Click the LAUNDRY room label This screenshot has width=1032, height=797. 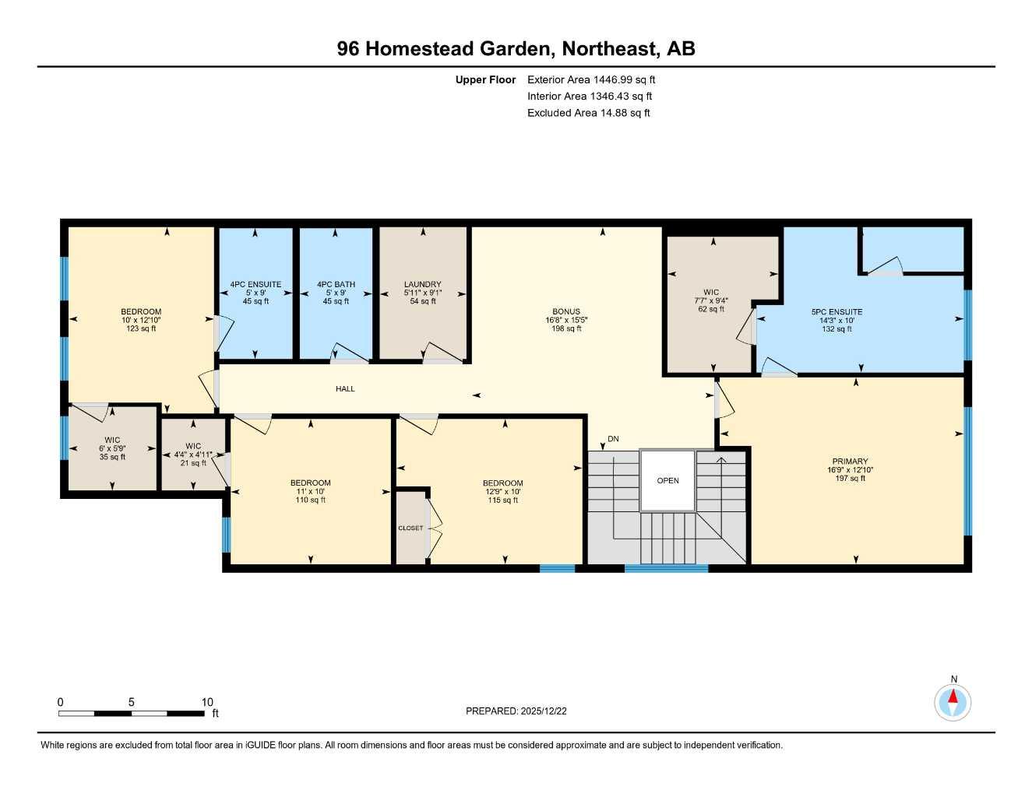pyautogui.click(x=422, y=284)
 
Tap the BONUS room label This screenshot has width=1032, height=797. pyautogui.click(x=566, y=311)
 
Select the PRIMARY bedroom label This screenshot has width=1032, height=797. pyautogui.click(x=849, y=462)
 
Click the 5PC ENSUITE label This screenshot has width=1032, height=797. pyautogui.click(x=837, y=312)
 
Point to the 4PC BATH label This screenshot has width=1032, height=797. pyautogui.click(x=336, y=285)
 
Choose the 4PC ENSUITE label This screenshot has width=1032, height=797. pyautogui.click(x=255, y=285)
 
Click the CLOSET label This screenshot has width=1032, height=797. pyautogui.click(x=410, y=528)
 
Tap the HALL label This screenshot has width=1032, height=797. pyautogui.click(x=345, y=388)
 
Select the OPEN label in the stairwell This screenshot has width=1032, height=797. pyautogui.click(x=667, y=481)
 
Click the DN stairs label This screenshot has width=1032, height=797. pyautogui.click(x=613, y=439)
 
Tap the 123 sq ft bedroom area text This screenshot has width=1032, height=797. pyautogui.click(x=141, y=328)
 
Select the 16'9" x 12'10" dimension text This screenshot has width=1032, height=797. pyautogui.click(x=849, y=470)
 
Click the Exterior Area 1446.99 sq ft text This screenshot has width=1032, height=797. pyautogui.click(x=591, y=79)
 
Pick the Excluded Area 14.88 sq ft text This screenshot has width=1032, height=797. pyautogui.click(x=588, y=113)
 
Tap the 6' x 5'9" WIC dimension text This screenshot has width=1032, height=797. pyautogui.click(x=112, y=448)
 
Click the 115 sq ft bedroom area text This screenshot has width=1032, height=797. pyautogui.click(x=502, y=500)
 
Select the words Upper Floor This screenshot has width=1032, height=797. pyautogui.click(x=485, y=79)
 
